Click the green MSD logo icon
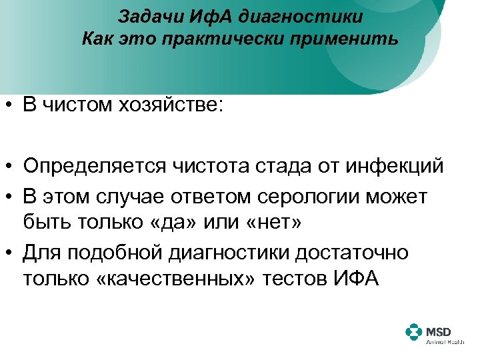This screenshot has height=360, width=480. (414, 333)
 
